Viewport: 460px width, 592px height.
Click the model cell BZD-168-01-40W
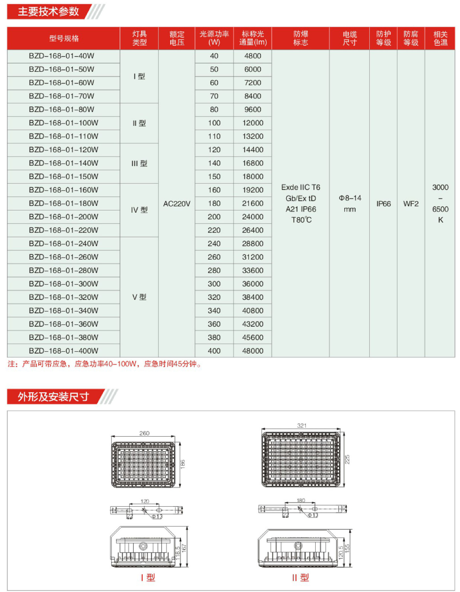[x=61, y=56]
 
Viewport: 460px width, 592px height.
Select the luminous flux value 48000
[x=253, y=351]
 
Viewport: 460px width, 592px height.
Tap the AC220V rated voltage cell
[x=177, y=204]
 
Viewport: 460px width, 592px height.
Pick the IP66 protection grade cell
[x=383, y=204]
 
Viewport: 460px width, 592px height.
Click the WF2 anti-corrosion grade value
[x=411, y=204]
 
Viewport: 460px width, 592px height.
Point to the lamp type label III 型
[x=139, y=163]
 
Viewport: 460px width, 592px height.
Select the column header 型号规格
[x=64, y=38]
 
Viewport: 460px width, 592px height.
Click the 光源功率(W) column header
[x=214, y=38]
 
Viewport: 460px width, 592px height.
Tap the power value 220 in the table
[x=214, y=230]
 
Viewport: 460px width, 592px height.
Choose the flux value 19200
[x=253, y=190]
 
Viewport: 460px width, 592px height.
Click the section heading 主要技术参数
[x=48, y=12]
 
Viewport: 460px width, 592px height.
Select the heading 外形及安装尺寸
[x=53, y=397]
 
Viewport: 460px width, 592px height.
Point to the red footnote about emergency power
[x=104, y=364]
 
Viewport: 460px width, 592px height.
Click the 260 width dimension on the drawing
[x=144, y=433]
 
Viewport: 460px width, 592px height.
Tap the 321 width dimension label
[x=301, y=426]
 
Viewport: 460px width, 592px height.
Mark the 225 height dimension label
[x=347, y=459]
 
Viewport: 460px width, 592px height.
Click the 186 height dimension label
[x=183, y=464]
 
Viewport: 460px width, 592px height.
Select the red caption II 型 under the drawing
[x=300, y=578]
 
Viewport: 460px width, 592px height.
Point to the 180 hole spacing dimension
[x=301, y=500]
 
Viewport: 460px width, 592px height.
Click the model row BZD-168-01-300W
[x=64, y=284]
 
